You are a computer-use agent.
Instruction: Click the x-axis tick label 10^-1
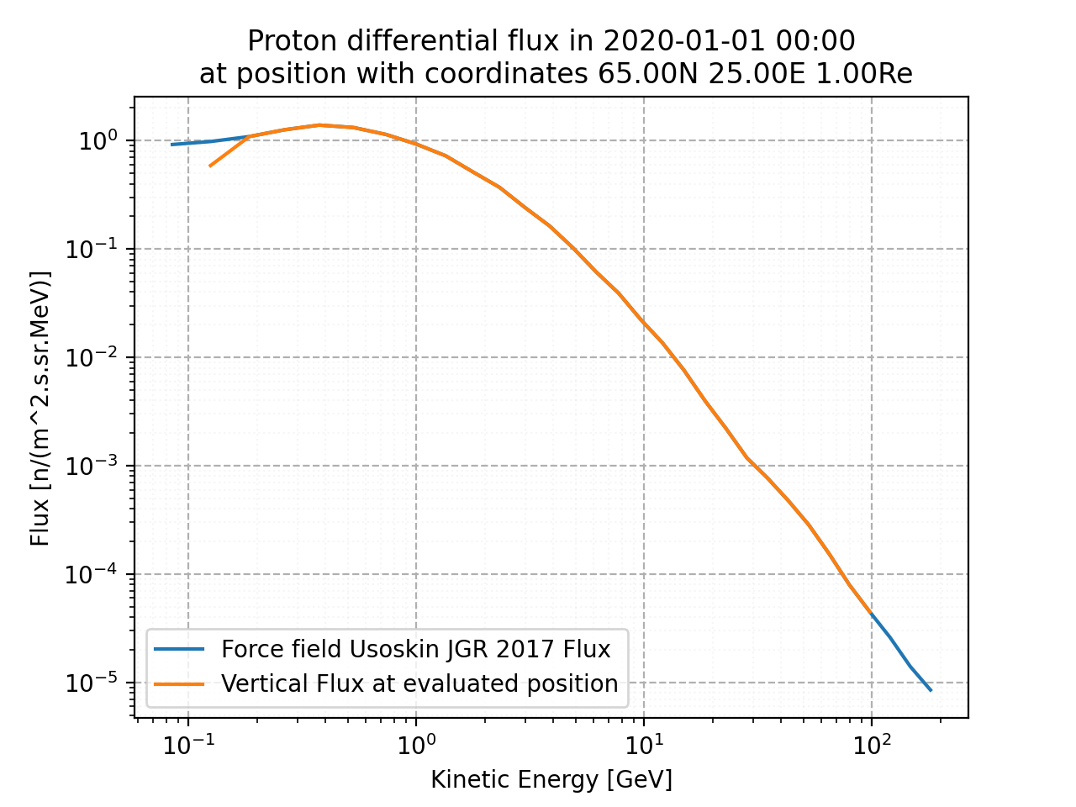[187, 742]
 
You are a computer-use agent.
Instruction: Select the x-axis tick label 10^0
[415, 742]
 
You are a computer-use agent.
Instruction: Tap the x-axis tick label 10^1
[643, 742]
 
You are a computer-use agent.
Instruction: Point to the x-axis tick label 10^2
[871, 742]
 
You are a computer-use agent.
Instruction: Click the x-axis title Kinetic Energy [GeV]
[551, 780]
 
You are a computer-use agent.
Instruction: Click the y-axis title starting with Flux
[40, 408]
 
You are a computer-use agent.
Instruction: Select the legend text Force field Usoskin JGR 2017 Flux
[415, 649]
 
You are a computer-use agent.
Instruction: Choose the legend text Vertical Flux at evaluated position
[419, 683]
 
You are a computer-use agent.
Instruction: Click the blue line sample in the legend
[179, 649]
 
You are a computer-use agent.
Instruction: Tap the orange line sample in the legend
[179, 683]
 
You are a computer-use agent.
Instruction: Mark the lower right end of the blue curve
[931, 690]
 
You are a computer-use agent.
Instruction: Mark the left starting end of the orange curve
[209, 166]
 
